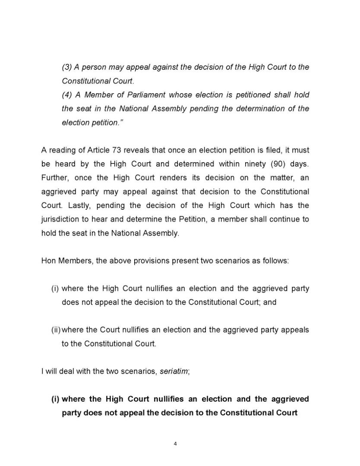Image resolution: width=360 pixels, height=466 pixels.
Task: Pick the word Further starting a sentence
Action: pyautogui.click(x=54, y=178)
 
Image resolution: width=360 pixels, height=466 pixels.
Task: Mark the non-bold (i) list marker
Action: pyautogui.click(x=55, y=289)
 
